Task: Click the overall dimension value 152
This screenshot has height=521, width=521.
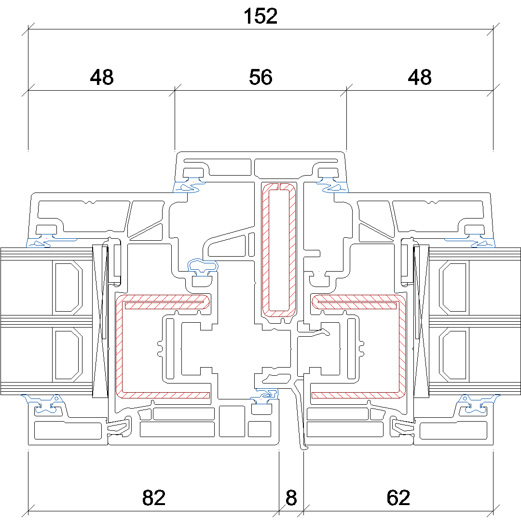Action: coord(260,17)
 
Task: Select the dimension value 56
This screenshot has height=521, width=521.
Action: coord(260,77)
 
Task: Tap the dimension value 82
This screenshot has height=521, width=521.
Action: coord(154,498)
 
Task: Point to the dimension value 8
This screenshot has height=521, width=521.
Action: coord(291,498)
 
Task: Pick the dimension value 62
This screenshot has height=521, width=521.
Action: coord(398,498)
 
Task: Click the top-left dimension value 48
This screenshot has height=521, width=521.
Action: coord(102,77)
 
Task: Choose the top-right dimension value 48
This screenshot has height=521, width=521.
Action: coord(419,77)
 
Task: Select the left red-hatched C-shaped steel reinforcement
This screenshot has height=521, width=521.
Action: coord(119,347)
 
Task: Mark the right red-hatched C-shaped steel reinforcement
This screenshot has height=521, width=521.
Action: coord(402,347)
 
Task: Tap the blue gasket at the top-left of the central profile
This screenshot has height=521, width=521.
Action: coord(188,187)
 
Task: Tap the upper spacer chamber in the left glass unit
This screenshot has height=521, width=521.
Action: coord(68,287)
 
